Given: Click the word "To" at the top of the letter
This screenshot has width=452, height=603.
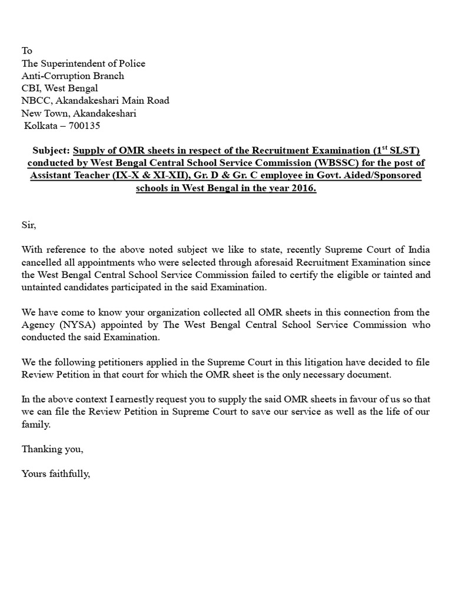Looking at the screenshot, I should [27, 51].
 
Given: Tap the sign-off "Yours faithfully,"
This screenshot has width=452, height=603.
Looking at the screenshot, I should [56, 473].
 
